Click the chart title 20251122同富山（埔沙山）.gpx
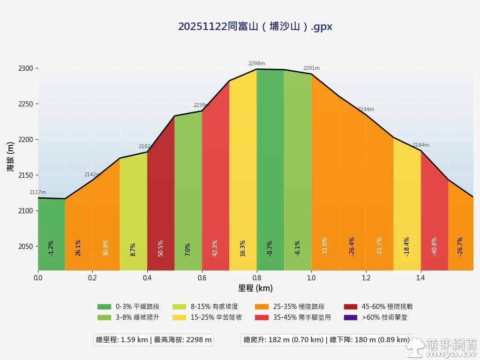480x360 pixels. [x=255, y=26]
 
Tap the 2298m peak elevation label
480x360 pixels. [x=256, y=63]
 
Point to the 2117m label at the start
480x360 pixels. [x=37, y=192]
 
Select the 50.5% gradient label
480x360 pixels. [x=161, y=248]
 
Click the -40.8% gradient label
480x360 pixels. [x=434, y=247]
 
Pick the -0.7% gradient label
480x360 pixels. [x=270, y=248]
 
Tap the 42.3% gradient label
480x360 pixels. [x=215, y=248]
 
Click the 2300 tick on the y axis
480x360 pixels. [x=26, y=68]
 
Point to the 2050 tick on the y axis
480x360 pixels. [x=26, y=247]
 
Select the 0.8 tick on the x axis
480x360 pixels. [x=256, y=278]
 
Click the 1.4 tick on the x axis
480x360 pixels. [x=420, y=278]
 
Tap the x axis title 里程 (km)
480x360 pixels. [x=255, y=288]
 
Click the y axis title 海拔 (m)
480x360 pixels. [x=10, y=157]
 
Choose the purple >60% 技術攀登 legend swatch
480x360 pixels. [x=351, y=317]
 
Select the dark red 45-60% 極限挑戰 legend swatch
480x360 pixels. [x=351, y=307]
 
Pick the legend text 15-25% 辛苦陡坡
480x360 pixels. [x=216, y=317]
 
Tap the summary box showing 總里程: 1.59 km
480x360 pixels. [x=154, y=340]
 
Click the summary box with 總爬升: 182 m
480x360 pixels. [x=326, y=340]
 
